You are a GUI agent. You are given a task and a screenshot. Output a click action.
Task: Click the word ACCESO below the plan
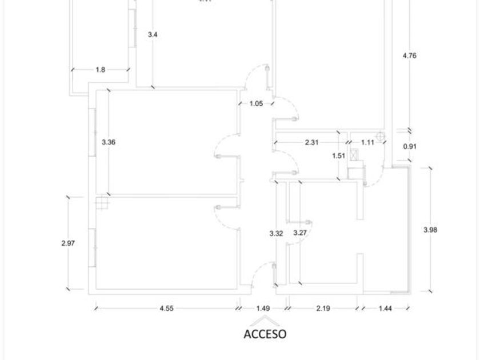pos(265,334)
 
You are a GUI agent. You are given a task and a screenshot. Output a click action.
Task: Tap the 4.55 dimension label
pos(166,308)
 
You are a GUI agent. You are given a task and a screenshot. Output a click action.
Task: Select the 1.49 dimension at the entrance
pos(263,308)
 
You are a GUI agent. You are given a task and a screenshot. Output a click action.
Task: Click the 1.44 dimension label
pos(385,308)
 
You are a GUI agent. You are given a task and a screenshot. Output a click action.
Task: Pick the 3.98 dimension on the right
pos(430,230)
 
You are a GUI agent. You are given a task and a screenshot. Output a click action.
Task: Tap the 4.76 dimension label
pos(409,56)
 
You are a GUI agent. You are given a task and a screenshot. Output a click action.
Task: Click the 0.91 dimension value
pos(410,146)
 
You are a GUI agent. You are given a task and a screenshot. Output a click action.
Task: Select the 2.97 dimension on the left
pos(68,243)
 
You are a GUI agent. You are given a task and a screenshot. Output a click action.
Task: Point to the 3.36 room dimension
pos(109,142)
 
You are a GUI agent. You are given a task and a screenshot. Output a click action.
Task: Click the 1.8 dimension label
pos(100,70)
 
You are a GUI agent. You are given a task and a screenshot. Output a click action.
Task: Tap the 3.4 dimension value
pos(153,35)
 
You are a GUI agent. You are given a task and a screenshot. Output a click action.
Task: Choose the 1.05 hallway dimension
pos(257,103)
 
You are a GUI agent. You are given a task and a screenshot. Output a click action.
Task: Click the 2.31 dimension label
pos(311,143)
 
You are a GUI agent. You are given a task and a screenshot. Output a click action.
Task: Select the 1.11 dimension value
pos(367,143)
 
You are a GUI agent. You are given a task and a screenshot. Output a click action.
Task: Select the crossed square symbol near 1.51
pos(354,154)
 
